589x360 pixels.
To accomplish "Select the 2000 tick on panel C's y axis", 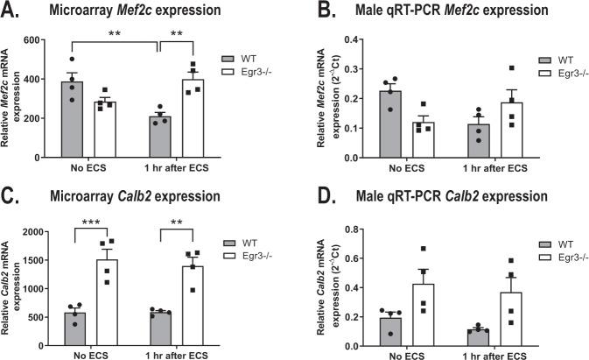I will point(49,232).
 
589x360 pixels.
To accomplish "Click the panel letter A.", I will point(11,11).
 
